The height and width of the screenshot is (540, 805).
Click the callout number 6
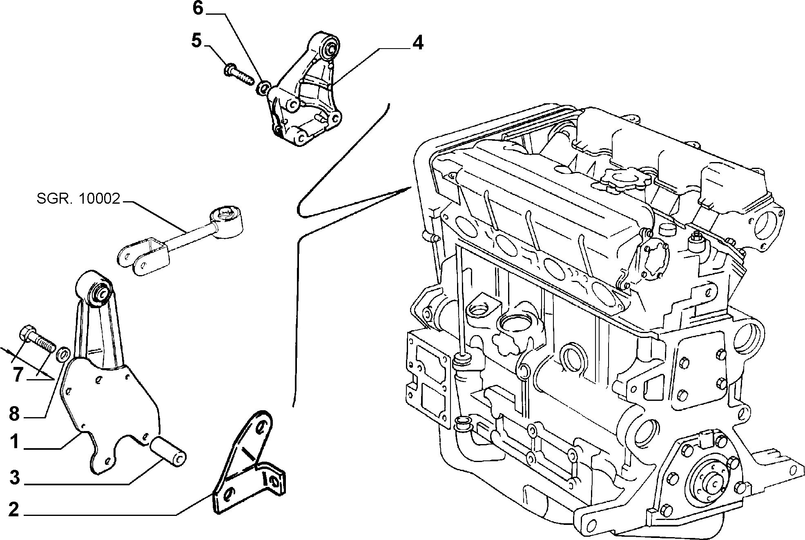point(198,8)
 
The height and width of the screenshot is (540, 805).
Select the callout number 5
point(197,41)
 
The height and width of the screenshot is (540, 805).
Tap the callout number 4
point(417,42)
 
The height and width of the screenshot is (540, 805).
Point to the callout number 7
point(17,375)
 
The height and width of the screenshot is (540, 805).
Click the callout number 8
point(14,414)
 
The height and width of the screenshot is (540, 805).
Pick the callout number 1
point(15,442)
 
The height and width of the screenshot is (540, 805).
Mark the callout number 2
point(13,510)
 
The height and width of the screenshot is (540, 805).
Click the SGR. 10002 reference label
point(78,199)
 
